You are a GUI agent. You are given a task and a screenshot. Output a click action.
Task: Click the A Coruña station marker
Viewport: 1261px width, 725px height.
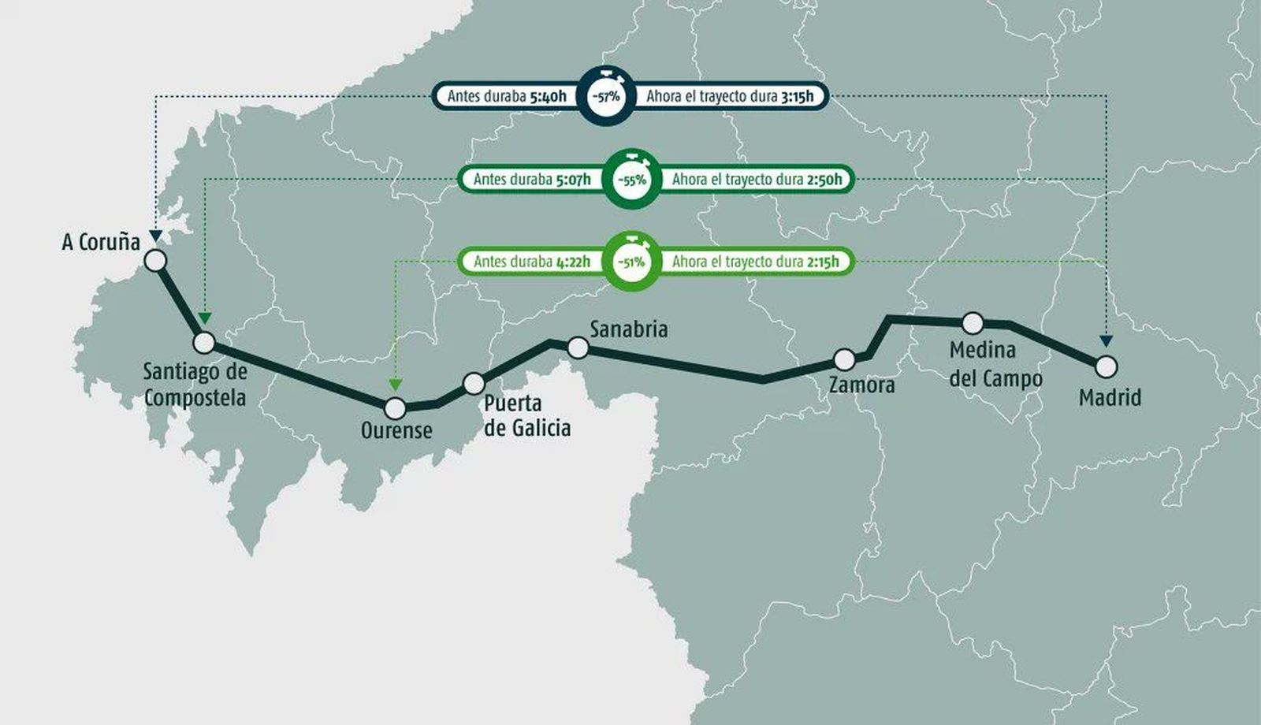[156, 261]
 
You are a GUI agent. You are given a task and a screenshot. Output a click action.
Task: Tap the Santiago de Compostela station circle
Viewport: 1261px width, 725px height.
[204, 343]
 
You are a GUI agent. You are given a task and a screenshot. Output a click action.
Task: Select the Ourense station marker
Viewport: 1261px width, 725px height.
[395, 408]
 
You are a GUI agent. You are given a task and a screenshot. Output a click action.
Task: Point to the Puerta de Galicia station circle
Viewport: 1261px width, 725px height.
[474, 384]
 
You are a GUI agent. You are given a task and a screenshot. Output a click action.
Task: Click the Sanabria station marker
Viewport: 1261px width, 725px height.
[578, 348]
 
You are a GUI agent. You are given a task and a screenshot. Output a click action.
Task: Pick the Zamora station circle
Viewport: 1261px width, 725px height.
[844, 360]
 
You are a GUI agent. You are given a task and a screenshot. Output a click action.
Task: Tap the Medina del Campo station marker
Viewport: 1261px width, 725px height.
[973, 323]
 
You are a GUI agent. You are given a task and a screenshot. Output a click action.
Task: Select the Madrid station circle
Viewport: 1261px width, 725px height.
[1107, 366]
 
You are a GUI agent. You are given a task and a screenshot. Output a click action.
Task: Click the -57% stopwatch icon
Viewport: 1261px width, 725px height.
[605, 96]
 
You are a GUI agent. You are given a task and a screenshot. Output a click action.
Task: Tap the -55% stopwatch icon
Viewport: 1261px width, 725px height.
[630, 179]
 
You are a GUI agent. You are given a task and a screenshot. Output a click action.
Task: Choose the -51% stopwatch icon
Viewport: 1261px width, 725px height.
[630, 261]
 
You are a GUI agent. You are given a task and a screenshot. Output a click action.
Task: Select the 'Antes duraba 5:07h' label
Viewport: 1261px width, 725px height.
[532, 180]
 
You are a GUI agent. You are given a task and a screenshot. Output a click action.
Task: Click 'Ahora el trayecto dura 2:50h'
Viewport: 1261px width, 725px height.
[757, 180]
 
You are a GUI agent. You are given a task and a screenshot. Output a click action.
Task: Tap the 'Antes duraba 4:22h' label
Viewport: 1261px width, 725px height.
[532, 262]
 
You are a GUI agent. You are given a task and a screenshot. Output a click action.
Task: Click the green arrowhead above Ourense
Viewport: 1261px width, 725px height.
[395, 384]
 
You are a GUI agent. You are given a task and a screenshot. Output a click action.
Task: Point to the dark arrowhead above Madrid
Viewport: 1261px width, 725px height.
[1107, 341]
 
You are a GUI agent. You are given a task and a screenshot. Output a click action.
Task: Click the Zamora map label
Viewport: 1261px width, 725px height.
[862, 385]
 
